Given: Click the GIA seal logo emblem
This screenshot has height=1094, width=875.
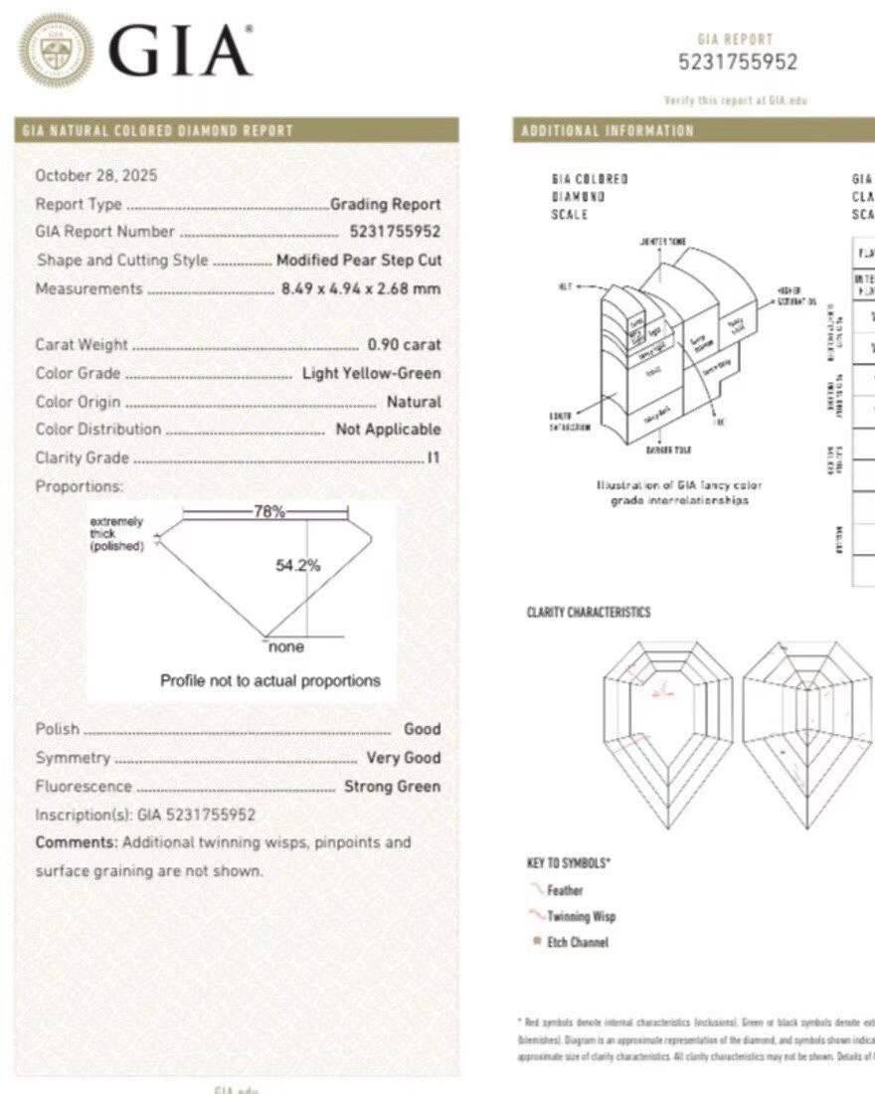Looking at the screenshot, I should pos(57,50).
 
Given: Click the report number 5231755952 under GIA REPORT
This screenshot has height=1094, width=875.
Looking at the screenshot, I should pos(737,62).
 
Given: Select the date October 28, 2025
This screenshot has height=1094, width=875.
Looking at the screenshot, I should pos(96,176).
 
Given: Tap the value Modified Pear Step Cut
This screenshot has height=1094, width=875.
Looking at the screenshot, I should pos(358,261).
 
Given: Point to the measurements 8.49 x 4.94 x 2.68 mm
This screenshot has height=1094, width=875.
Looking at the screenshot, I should pos(361,289).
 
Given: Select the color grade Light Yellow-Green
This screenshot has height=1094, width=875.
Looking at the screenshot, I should pos(371,374).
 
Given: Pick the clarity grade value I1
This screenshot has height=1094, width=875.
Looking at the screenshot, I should pos(434,458).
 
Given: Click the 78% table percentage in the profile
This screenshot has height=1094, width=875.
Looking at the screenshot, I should pos(268,512).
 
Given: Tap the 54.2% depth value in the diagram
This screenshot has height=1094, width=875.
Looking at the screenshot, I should pos(297,565).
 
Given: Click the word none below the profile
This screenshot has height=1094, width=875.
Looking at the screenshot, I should pos(286,647).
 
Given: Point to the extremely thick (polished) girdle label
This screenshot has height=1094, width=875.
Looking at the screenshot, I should pos(117,534).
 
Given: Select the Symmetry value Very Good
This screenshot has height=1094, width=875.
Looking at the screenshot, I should pos(403,758).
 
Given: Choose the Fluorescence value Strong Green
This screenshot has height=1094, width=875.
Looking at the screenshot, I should pos(392,787).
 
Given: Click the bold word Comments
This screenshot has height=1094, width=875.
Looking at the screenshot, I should pos(76,842).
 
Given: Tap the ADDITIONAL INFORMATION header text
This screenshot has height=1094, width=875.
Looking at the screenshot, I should pos(608,131).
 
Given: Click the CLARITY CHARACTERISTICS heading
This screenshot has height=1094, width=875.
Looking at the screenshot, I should pos(589,612).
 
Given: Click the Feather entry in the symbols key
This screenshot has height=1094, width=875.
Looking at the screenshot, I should pos(565,891).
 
